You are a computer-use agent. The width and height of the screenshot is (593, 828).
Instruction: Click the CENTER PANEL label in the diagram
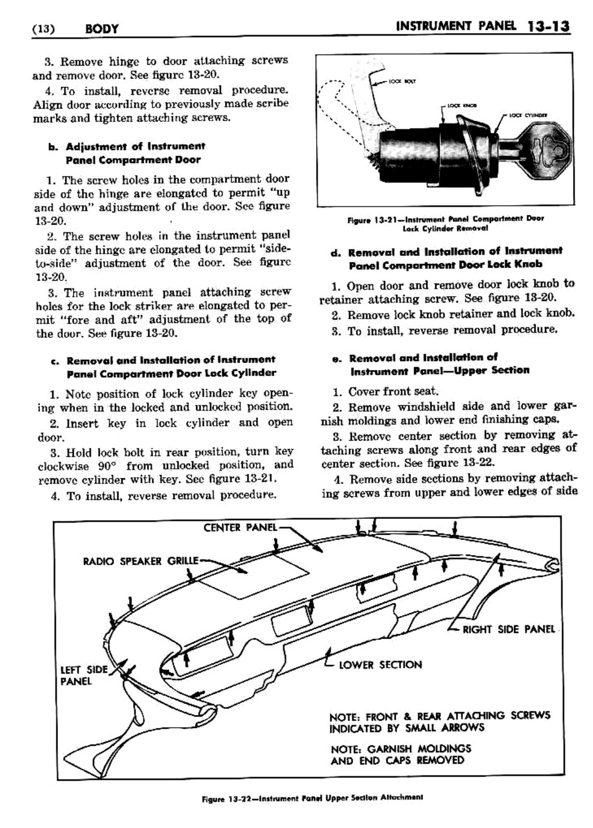click(240, 527)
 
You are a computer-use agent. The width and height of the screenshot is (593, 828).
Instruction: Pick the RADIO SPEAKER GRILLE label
click(140, 561)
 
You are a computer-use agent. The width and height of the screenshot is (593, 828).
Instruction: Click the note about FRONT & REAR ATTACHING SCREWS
click(439, 721)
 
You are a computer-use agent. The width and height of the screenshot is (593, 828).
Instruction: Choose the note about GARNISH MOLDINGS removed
click(400, 755)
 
